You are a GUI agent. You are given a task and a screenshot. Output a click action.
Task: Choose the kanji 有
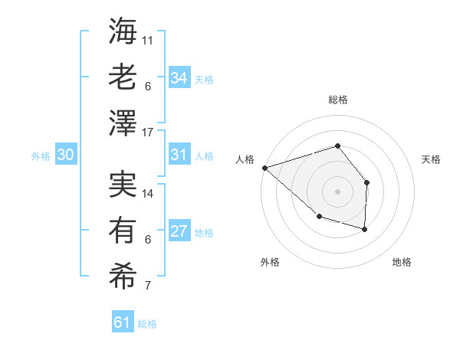[x=123, y=229]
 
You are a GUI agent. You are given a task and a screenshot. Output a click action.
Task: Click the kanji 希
[x=123, y=274]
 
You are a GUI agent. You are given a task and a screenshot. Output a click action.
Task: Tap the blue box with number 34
[x=179, y=78]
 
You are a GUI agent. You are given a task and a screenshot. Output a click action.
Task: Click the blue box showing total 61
[x=123, y=323]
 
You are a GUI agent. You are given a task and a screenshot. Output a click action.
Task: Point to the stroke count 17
[x=148, y=133]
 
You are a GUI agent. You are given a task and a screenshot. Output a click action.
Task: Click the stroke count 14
[x=148, y=194]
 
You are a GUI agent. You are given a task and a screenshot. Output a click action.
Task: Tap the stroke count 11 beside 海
[x=148, y=39]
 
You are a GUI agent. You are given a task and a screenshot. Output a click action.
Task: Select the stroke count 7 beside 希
[x=148, y=286]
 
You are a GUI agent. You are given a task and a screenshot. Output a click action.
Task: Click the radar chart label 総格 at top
[x=337, y=100]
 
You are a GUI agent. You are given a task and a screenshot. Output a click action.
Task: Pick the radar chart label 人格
[x=245, y=159]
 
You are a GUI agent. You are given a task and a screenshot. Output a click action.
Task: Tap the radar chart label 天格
[x=431, y=159]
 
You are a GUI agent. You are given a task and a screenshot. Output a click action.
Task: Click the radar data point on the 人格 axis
[x=264, y=168]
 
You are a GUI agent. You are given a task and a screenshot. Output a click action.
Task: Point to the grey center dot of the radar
[x=337, y=191]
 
